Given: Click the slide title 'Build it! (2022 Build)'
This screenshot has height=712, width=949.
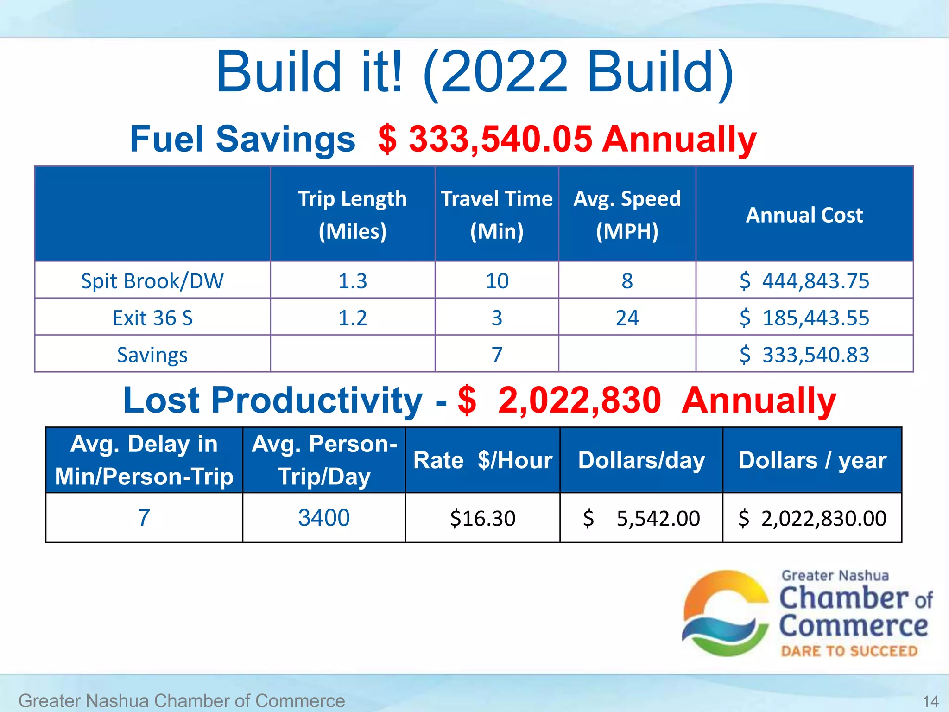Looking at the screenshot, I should pos(474,72).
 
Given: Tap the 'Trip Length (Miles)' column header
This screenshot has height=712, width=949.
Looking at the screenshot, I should pos(352,215).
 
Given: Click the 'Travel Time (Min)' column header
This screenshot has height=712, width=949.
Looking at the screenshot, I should pos(496,215).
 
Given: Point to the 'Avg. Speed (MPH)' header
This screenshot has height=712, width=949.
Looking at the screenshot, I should pos(627,215).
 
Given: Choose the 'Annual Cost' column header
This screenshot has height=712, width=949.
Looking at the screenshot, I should pos(804,215).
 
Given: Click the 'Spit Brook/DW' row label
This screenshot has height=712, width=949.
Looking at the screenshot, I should pos(152,281).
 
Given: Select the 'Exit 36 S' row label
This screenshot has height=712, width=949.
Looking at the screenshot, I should pos(152,318).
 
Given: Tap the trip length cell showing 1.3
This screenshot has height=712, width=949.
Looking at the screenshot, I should pos(352,281).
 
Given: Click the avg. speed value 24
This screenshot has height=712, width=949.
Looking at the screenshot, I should pos(627,318).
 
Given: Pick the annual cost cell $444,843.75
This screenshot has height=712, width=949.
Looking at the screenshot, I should pos(804,281).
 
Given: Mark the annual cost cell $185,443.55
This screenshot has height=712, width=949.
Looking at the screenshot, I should pos(804,318).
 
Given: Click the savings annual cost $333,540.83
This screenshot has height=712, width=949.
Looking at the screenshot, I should pos(804,355).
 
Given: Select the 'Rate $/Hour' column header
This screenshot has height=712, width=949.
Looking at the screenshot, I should pos(482,460).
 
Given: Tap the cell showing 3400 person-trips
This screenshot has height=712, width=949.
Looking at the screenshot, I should pos(323,518).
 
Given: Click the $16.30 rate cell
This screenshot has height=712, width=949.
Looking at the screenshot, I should pos(482,518).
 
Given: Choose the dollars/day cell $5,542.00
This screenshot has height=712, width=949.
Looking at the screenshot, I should pos(641,518).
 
